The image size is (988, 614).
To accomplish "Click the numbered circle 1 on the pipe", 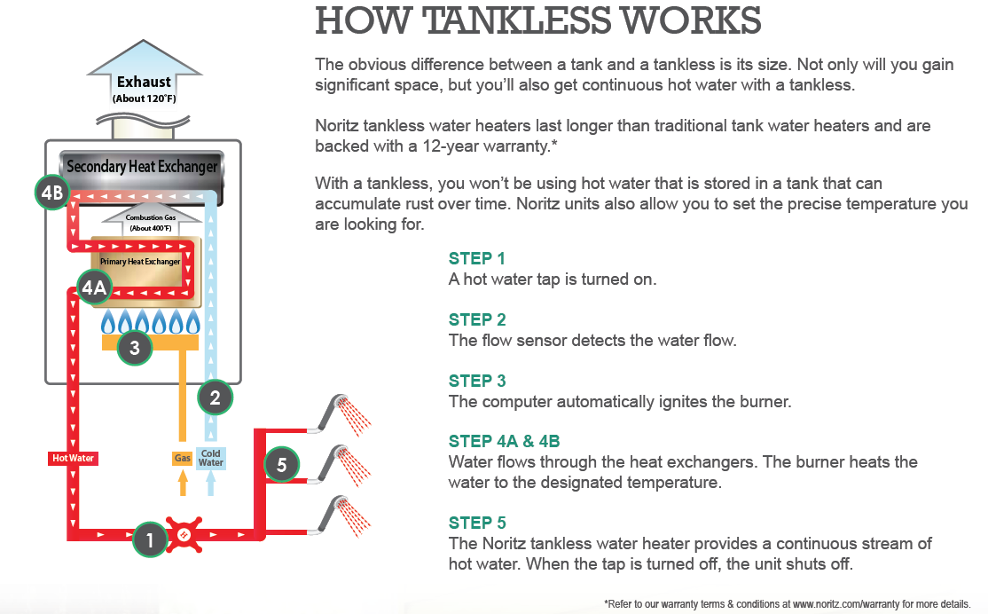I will coord(150,539).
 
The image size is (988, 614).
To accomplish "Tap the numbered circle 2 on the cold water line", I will coord(214,398).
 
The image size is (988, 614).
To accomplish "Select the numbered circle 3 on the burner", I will coord(135,348).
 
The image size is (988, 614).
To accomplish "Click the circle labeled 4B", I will coord(52,193).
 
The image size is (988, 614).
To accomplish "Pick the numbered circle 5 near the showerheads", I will coord(281,463).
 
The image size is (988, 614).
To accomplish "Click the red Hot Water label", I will coord(73,459).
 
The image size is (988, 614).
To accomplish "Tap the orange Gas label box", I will coord(183,459).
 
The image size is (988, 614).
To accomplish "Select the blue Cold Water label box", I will coord(211,459).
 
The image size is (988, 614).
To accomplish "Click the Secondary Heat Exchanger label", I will coord(142,167).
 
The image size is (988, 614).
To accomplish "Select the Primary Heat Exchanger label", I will coord(140,262).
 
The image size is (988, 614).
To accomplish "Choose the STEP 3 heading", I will coord(477,381).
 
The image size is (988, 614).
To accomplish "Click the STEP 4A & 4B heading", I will coord(504,441).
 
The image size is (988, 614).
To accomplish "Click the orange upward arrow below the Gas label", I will coord(183,483).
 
